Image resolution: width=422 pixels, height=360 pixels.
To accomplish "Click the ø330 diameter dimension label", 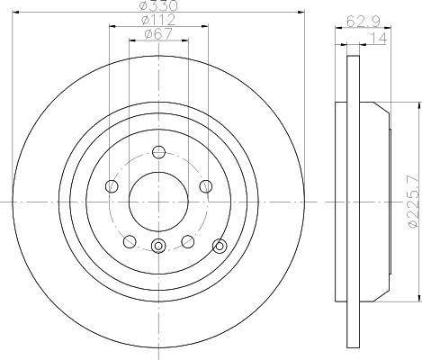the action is [x=159, y=5].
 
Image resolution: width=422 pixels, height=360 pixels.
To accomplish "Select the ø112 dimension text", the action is [x=158, y=20].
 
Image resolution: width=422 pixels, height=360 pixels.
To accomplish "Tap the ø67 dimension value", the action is [x=158, y=33].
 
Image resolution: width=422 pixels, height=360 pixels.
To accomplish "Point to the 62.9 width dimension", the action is [x=364, y=22].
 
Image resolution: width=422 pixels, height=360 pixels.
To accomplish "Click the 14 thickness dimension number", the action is [x=379, y=38].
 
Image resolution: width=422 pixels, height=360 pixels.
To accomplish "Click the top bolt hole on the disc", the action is [x=158, y=152].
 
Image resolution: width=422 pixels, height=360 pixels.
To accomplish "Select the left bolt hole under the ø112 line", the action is [x=112, y=186].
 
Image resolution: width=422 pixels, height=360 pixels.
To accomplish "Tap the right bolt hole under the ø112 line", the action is [x=206, y=186].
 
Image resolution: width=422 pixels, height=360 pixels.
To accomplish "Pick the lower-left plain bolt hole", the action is [x=130, y=241].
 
